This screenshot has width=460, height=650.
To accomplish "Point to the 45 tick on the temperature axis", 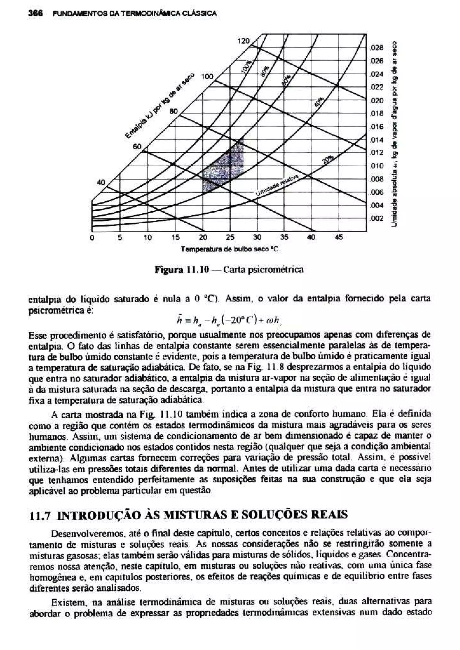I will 339,237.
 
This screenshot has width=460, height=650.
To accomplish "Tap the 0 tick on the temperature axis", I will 92,237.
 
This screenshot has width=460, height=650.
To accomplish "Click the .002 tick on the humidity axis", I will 377,218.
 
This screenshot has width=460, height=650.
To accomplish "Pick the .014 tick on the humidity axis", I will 377,140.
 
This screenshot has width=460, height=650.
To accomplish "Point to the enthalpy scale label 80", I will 173,111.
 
